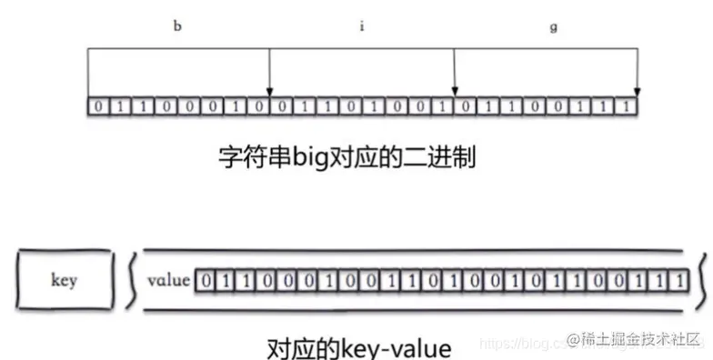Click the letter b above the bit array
pos(177,25)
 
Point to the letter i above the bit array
pos(361,25)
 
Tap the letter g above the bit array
pos(554,25)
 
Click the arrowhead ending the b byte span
pos(270,89)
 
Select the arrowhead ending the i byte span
pos(454,89)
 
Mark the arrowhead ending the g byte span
pos(638,89)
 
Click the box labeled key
pos(65,280)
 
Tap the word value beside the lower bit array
pos(168,280)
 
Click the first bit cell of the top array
pos(96,107)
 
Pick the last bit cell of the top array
pos(628,107)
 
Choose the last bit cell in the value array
pos(682,280)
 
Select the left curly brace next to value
pos(133,280)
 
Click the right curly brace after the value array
pos(701,280)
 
